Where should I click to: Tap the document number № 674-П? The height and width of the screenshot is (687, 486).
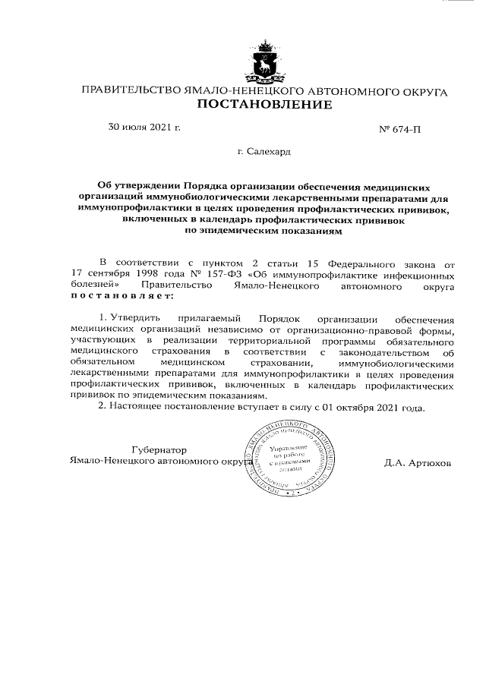pyautogui.click(x=399, y=129)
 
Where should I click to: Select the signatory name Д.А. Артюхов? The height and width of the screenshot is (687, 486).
pyautogui.click(x=418, y=462)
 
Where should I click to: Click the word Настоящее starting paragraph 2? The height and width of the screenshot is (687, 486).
pyautogui.click(x=138, y=407)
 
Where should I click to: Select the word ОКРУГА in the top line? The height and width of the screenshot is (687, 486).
pyautogui.click(x=419, y=92)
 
